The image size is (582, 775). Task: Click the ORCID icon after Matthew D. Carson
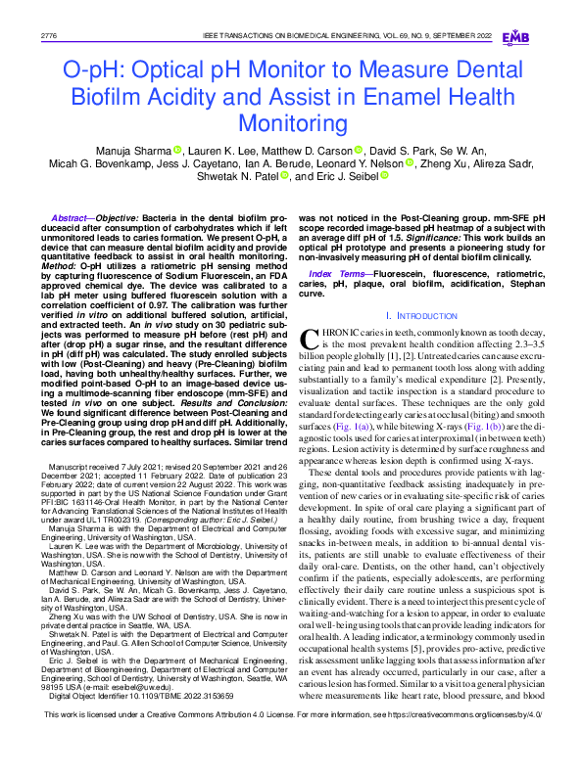(358, 151)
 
